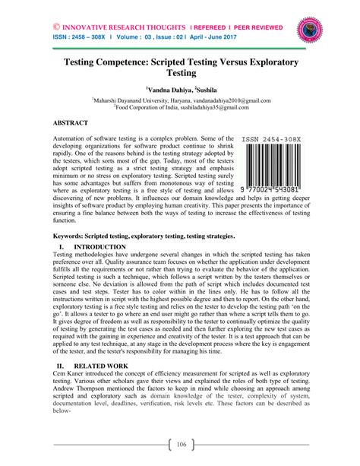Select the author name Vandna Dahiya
tap(171, 89)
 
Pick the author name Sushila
tap(210, 89)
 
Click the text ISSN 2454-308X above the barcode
tap(271, 139)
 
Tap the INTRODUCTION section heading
tap(99, 248)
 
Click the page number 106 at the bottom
tap(180, 445)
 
